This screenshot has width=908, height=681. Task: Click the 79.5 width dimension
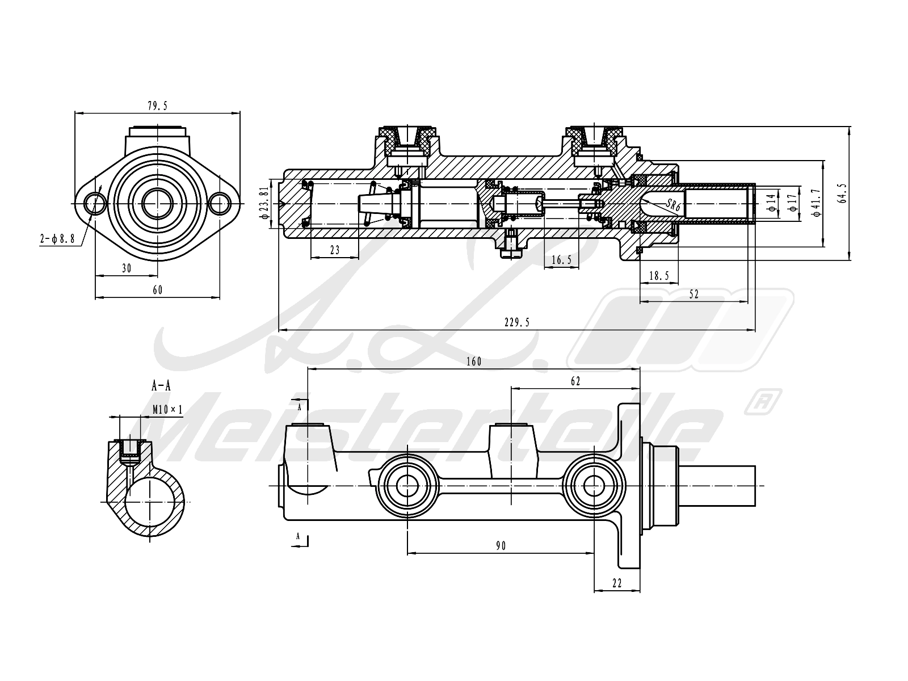pos(158,106)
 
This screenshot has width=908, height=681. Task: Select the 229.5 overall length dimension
pos(516,322)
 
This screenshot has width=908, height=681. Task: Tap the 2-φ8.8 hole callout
pos(57,238)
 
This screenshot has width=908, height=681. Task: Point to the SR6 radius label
pos(673,204)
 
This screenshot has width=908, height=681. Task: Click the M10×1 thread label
pos(167,409)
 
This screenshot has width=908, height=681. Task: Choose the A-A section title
pos(161,386)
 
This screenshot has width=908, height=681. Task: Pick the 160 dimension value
pos(474,362)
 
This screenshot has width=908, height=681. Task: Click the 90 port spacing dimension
pos(501,546)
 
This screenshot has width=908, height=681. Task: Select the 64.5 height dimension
pos(842,194)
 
